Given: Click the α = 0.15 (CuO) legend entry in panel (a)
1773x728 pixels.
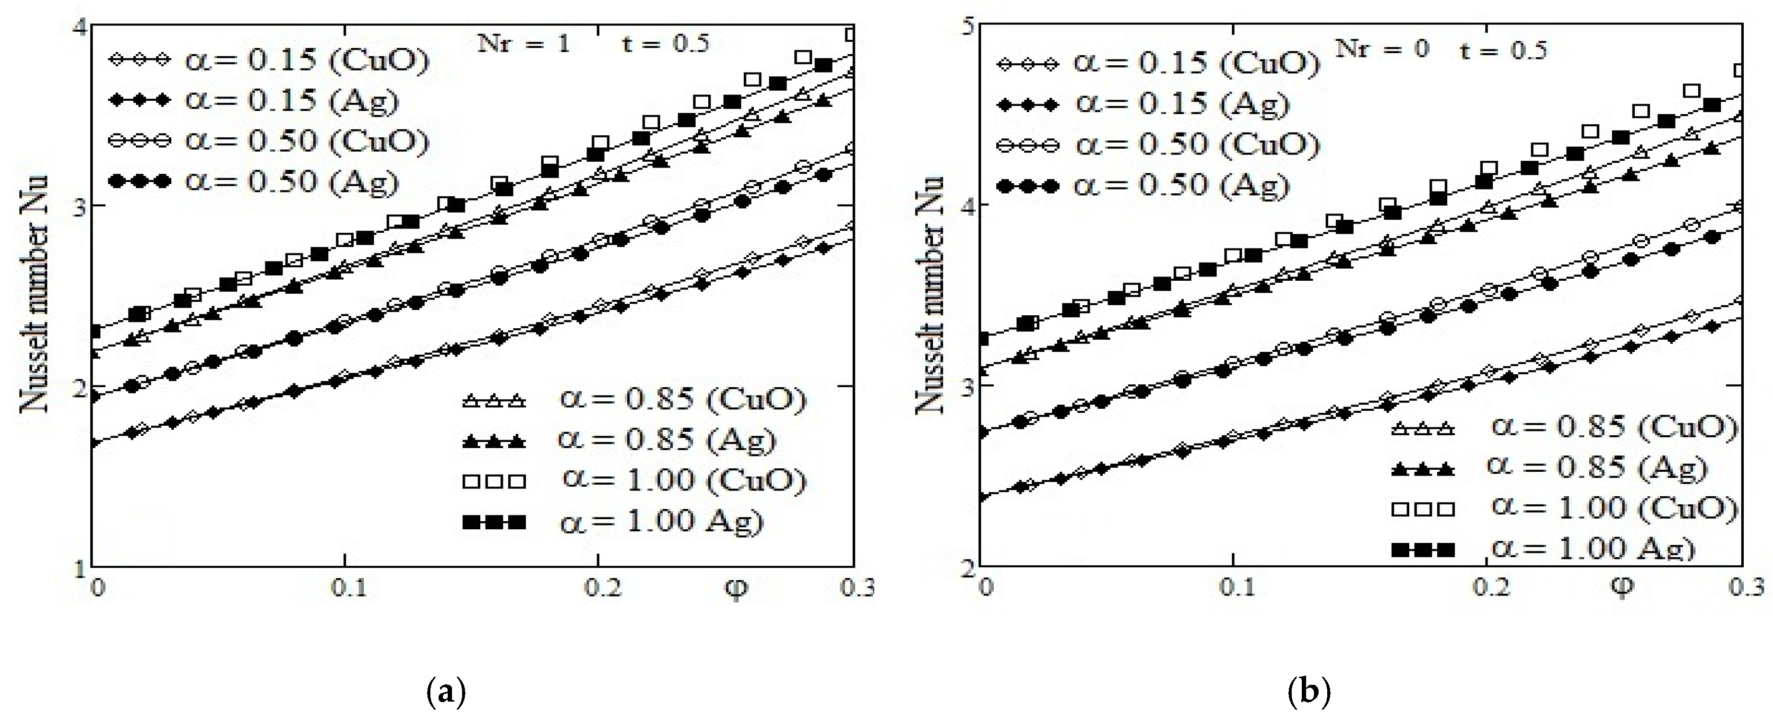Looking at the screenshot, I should point(268,60).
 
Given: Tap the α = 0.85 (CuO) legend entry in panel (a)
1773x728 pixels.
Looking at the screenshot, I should point(633,400).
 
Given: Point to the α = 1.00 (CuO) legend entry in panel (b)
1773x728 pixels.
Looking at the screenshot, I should point(1562,508).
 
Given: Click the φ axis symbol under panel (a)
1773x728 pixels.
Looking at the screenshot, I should point(737,590).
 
